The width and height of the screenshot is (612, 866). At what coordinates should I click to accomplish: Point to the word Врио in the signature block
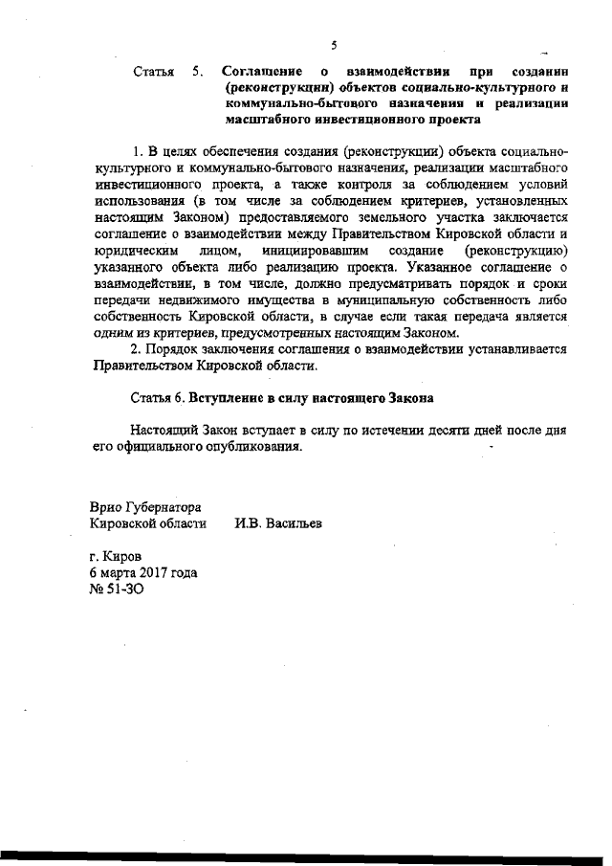(x=105, y=506)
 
